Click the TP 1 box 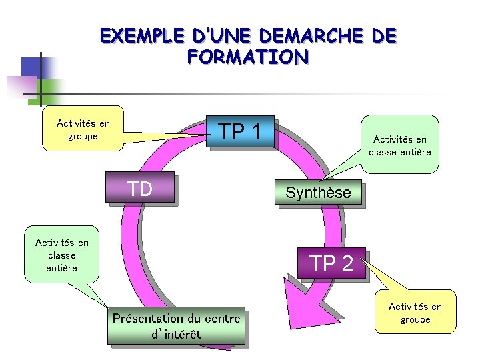(x=242, y=132)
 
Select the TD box (x=141, y=188)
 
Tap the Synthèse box (x=318, y=193)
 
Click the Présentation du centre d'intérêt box (x=176, y=326)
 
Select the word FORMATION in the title (x=247, y=57)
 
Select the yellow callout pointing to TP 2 (x=415, y=313)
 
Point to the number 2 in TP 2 (x=347, y=264)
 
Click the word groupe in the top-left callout (x=83, y=136)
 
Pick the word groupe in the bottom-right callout (x=415, y=319)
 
